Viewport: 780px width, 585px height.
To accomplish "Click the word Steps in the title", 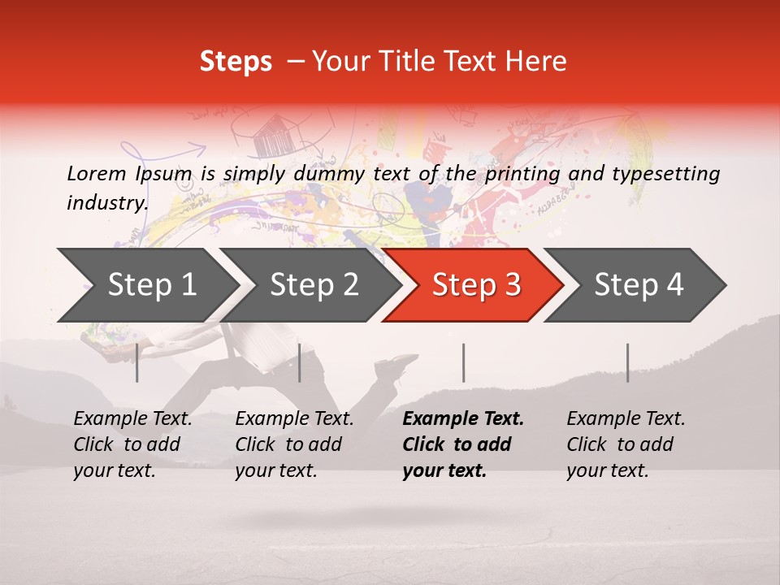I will point(236,62).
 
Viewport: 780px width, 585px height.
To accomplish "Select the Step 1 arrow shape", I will point(146,284).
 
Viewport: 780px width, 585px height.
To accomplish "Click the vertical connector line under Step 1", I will point(137,362).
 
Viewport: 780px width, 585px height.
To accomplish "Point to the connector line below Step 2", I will point(300,362).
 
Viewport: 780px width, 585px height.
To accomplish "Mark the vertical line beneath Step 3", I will point(463,362).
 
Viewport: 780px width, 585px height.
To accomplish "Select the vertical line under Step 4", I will point(627,362).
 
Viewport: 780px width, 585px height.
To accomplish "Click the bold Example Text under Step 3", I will point(462,444).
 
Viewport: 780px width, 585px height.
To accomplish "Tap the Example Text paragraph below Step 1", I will point(132,444).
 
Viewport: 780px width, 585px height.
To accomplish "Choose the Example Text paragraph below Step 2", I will point(294,444).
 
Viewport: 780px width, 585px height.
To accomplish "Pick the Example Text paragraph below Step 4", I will point(625,444).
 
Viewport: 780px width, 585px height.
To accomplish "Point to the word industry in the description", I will point(107,202).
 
